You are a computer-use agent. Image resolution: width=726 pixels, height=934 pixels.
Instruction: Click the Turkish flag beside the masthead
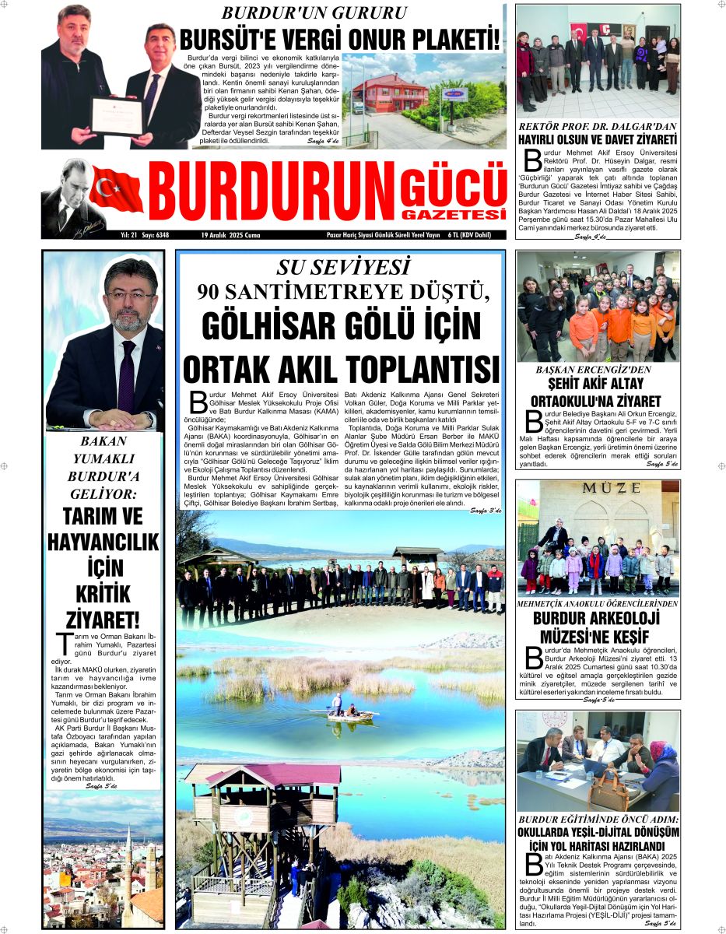click(116, 189)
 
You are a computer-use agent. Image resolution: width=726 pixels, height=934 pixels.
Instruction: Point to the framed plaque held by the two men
click(117, 116)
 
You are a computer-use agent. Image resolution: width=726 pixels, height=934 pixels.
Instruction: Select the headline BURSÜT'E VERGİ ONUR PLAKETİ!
click(341, 40)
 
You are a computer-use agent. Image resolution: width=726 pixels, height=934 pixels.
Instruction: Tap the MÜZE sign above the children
click(598, 489)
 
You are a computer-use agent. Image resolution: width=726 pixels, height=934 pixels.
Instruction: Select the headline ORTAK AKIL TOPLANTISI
click(341, 368)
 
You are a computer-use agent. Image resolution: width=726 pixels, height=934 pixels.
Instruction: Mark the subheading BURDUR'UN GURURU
click(314, 13)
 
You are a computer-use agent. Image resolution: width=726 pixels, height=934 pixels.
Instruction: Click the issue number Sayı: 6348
click(156, 234)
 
